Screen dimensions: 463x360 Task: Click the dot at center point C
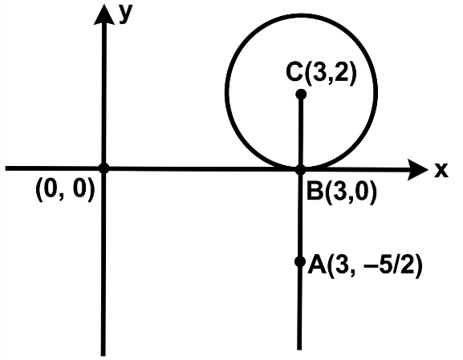301,95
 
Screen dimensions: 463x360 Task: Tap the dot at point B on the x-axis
300,170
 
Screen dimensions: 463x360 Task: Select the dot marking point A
300,261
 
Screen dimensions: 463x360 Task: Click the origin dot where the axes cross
104,168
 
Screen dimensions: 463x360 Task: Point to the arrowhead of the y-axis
104,14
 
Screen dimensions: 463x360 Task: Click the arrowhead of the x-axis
417,170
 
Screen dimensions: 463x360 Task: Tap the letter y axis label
126,14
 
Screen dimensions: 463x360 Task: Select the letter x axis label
441,170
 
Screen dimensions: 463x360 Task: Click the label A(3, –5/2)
365,266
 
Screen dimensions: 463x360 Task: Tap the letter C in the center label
294,72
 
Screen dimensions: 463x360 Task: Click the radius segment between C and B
301,132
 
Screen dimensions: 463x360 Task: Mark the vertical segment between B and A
300,216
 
